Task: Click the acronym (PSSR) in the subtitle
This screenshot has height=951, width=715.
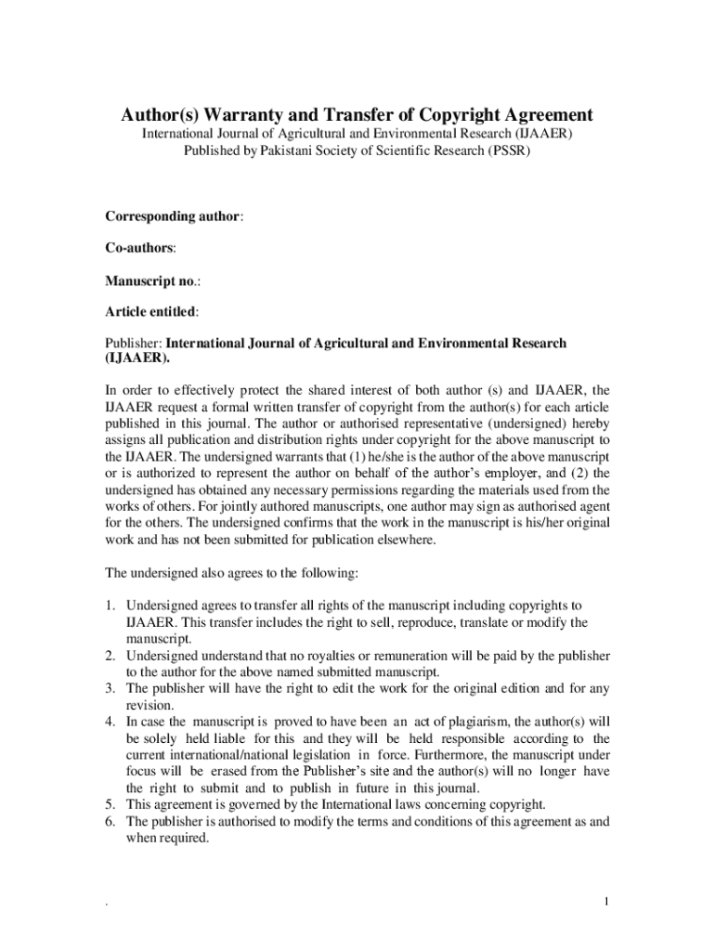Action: pos(508,150)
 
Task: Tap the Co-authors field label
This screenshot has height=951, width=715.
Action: pos(138,248)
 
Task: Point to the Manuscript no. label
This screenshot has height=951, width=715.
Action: pos(153,280)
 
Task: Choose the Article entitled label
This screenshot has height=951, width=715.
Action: pos(150,312)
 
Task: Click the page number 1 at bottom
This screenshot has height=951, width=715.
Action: pos(605,902)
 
